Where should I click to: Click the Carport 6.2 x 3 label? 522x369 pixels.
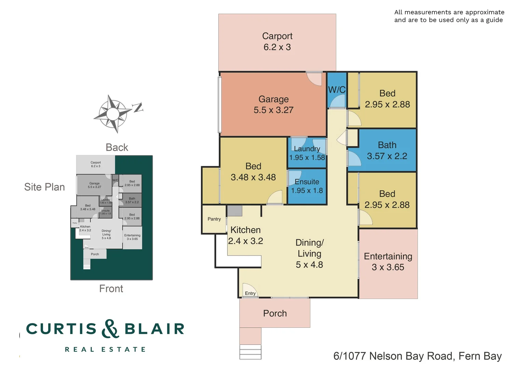point(277,42)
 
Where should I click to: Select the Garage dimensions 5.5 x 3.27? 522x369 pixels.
point(273,110)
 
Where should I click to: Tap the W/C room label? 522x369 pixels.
point(337,90)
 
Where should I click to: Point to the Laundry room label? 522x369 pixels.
point(307,149)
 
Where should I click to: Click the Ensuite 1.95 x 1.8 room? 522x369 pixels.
point(307,186)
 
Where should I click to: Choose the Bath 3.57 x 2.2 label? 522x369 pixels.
point(387,151)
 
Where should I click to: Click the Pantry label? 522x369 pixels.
point(214,219)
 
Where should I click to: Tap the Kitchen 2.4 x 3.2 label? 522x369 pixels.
point(245,235)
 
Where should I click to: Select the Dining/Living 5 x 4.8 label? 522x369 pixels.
point(310,254)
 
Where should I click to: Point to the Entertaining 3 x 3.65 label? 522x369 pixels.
point(388,262)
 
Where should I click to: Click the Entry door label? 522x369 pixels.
point(250,293)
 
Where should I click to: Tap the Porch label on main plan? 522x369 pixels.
point(275,313)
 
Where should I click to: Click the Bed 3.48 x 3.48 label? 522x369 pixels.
point(253,172)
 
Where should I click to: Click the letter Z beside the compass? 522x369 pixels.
point(138,108)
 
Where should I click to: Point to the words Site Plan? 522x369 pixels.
point(44,187)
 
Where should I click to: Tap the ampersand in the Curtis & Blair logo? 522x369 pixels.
point(110,329)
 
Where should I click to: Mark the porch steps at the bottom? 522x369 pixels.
point(250,352)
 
